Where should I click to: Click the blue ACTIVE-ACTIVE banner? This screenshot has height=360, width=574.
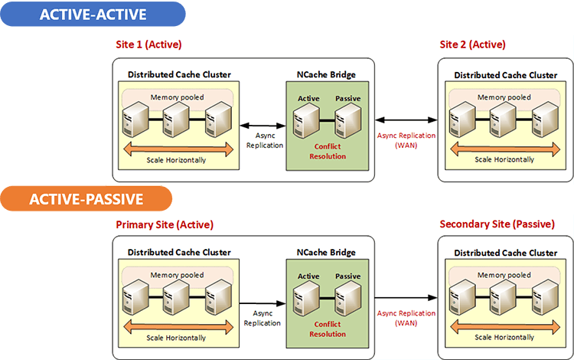tap(93, 14)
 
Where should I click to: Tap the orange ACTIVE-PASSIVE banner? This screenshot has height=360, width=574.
tap(86, 199)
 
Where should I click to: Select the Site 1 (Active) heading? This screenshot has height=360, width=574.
tap(148, 44)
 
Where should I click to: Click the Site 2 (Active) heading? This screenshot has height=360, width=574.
tap(473, 44)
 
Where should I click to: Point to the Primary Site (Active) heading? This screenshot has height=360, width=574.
tap(165, 224)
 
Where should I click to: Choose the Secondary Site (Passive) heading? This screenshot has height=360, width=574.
tap(497, 224)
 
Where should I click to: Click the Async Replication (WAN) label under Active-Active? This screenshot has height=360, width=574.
tap(406, 140)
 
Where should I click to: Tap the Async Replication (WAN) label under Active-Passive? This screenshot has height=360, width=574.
tap(406, 318)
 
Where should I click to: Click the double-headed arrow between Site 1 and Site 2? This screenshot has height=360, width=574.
tap(406, 119)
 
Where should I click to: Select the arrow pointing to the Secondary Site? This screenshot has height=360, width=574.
tap(406, 298)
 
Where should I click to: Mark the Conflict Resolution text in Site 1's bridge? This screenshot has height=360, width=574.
tap(328, 151)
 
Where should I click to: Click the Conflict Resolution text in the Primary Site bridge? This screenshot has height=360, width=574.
tap(328, 329)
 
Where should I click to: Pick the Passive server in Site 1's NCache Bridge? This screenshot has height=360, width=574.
tap(347, 120)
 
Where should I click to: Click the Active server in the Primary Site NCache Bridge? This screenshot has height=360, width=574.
tap(306, 298)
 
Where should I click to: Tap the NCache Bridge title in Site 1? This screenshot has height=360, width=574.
tap(326, 75)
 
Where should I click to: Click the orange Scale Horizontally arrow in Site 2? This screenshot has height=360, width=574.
tap(505, 149)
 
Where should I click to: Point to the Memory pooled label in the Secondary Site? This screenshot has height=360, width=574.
tap(504, 275)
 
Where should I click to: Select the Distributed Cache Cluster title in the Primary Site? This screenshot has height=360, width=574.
tap(179, 252)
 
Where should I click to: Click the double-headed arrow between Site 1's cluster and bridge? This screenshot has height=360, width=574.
tap(263, 126)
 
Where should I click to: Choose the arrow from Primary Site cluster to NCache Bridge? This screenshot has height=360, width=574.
tap(263, 303)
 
